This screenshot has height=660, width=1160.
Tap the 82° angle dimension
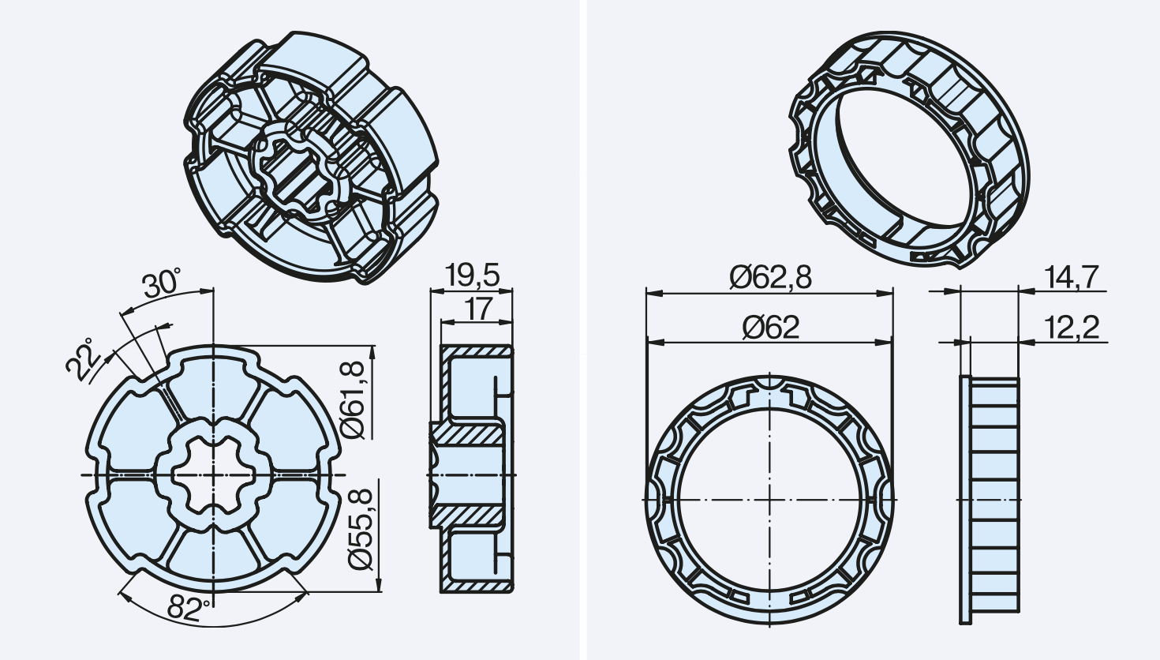click(189, 608)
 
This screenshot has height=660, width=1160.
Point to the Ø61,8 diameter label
click(354, 400)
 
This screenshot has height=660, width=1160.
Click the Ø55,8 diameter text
click(361, 529)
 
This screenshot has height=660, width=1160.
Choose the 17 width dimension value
click(477, 309)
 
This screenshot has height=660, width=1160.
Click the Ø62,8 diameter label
click(770, 277)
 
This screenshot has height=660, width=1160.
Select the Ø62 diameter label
click(770, 327)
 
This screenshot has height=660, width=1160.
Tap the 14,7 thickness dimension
click(1072, 277)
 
